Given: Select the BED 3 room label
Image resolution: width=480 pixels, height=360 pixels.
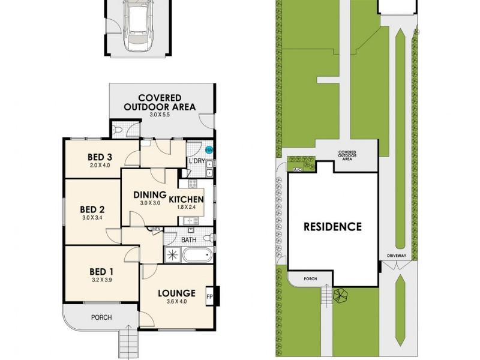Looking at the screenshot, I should pyautogui.click(x=101, y=158).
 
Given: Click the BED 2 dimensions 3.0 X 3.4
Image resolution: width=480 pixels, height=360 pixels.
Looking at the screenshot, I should pyautogui.click(x=92, y=218).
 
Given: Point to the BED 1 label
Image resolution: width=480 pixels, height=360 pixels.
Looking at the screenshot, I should pyautogui.click(x=101, y=271).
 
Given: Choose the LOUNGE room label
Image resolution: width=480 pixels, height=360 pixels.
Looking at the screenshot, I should pyautogui.click(x=176, y=293).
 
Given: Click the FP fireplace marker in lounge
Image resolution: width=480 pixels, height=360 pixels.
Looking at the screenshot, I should pyautogui.click(x=209, y=296).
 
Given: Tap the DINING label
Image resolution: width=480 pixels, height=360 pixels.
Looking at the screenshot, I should pyautogui.click(x=149, y=194).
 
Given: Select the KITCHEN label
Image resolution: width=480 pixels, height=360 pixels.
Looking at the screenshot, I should pyautogui.click(x=186, y=199).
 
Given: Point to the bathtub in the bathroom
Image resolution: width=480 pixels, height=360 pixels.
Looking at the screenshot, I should pyautogui.click(x=197, y=256).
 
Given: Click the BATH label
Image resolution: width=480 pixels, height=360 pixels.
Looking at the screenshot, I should pyautogui.click(x=188, y=240).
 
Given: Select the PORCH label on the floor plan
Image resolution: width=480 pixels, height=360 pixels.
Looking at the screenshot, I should pyautogui.click(x=101, y=317).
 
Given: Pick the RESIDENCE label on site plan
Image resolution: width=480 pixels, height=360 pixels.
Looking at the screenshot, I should pyautogui.click(x=332, y=227).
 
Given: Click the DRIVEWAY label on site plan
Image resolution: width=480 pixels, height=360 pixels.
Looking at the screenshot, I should pyautogui.click(x=397, y=256).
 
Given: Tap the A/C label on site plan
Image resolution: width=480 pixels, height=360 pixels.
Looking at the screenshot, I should pyautogui.click(x=297, y=170).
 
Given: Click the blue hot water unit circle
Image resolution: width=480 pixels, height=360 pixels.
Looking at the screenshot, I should pyautogui.click(x=209, y=150).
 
